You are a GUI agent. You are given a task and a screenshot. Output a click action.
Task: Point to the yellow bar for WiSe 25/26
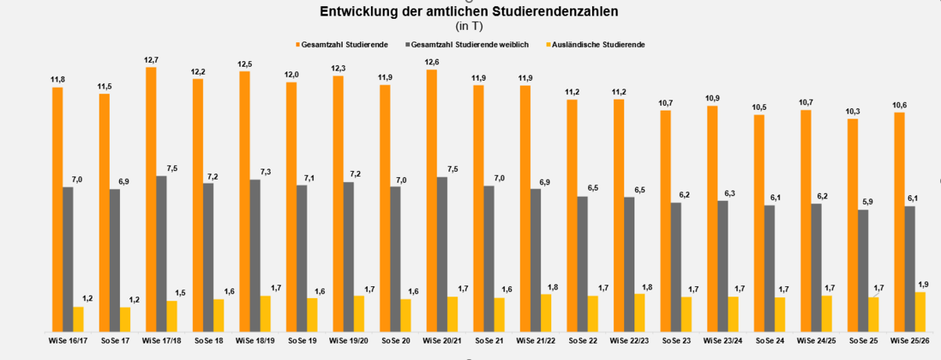point(920,311)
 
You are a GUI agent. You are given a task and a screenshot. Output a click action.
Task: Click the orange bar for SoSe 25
point(852,224)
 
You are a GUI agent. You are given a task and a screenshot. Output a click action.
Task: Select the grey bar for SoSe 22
point(582,263)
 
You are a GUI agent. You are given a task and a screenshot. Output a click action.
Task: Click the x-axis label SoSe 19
point(302,341)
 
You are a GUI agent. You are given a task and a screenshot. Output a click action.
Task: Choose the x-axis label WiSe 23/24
point(722,341)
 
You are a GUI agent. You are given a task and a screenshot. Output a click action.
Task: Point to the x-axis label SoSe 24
point(769,341)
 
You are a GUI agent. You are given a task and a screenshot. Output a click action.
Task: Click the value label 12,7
point(151,60)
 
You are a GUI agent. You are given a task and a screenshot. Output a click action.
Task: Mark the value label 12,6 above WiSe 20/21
point(431,62)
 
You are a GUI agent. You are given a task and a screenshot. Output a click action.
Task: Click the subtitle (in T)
point(469,26)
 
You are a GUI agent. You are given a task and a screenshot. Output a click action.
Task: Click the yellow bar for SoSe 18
point(219,314)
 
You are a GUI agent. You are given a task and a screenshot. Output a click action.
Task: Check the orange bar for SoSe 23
point(665,220)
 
